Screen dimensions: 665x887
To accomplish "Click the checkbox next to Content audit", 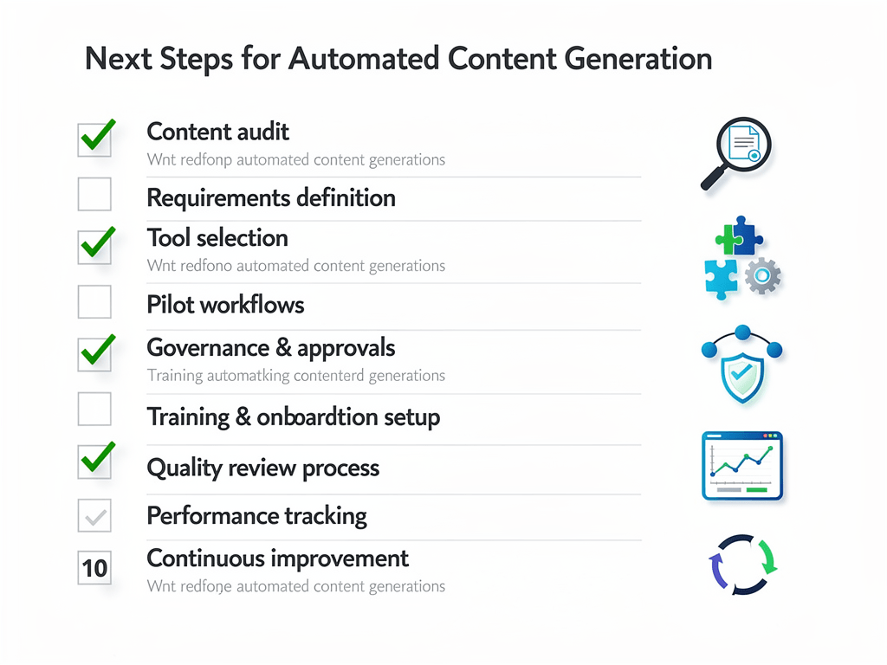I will click(95, 139).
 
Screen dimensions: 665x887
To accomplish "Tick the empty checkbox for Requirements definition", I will click(95, 195).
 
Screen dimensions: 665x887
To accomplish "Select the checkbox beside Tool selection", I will click(95, 247).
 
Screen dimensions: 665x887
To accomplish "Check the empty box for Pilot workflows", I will click(95, 302).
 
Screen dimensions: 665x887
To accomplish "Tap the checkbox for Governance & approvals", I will click(95, 354).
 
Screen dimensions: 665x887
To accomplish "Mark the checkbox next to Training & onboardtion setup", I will click(95, 409).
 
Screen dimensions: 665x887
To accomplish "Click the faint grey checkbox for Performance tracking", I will click(95, 516).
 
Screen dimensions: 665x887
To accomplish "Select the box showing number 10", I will click(95, 567).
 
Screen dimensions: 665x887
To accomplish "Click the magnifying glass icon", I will click(736, 152).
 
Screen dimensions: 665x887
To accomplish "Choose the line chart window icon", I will click(742, 466).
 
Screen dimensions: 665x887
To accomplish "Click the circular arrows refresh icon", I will click(742, 565).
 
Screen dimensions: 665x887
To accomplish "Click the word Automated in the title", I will click(363, 59).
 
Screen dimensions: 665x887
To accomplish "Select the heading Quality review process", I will click(263, 468).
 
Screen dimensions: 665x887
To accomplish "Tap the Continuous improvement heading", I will click(277, 558).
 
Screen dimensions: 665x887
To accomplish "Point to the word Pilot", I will click(170, 305).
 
